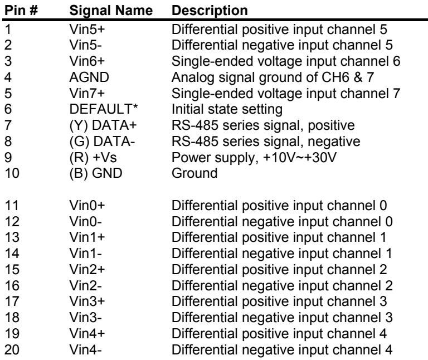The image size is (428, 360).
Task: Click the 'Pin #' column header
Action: coord(21,11)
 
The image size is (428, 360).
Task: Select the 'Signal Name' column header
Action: coord(111,11)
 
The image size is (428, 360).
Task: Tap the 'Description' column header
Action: coord(210,11)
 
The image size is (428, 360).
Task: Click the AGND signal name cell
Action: coord(89,77)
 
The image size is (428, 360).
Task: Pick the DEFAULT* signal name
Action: coord(104,109)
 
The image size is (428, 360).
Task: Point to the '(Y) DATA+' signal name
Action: coord(103,125)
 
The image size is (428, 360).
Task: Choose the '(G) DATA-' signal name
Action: coord(102,142)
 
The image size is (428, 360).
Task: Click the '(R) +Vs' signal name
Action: coord(93,158)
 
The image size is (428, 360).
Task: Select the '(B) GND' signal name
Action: coord(96,173)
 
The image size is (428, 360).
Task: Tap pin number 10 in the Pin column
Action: coord(12,173)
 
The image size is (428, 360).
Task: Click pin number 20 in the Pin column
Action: coord(12,350)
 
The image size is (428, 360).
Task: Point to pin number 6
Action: coord(8,109)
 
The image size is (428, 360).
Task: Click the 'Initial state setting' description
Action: coord(227,110)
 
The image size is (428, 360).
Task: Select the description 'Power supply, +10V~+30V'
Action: coord(254,158)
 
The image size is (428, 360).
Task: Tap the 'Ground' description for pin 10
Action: coord(194,173)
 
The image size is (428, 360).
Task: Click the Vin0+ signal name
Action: coord(87,206)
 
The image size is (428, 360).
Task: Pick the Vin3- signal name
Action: coord(85,318)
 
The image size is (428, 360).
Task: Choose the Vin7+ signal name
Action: coord(87,93)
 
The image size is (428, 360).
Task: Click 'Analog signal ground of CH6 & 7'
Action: coord(273,78)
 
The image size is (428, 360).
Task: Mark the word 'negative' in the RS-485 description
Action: coord(334,142)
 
